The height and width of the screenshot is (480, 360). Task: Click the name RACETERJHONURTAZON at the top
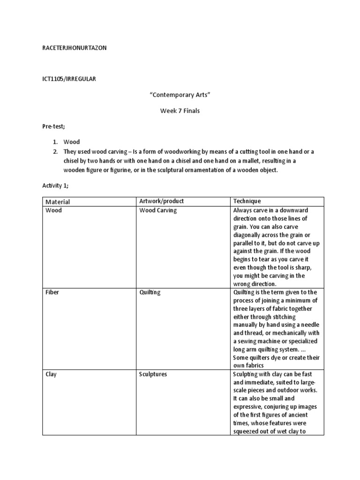coord(75,48)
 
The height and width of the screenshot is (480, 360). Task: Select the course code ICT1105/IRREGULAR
coord(69,79)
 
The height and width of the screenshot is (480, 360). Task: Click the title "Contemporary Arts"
coord(180,95)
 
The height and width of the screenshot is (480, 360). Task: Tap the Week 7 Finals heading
coord(180,111)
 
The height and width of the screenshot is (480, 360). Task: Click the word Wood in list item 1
coord(72,142)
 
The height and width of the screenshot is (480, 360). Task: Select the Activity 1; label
coord(55,186)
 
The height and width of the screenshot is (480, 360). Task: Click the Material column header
coord(58,202)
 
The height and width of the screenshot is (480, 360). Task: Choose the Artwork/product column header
coord(162,201)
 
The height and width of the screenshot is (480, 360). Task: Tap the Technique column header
coord(247,201)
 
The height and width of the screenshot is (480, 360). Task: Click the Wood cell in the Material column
coord(53,210)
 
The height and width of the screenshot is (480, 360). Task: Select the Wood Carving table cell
coord(158,210)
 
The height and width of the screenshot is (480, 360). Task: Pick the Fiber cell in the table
coord(52,292)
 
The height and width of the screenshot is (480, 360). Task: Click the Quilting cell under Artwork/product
coord(150,292)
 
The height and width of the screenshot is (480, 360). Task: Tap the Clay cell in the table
coord(51,375)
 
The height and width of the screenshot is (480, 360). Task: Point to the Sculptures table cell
coord(153,375)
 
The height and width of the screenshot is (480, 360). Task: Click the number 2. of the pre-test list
coord(55,151)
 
